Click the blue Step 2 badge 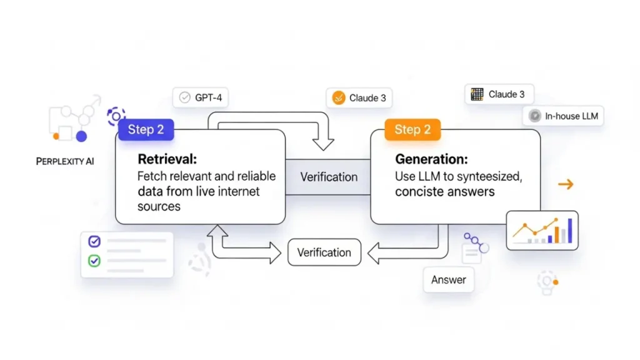[x=146, y=129]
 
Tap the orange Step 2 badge [x=412, y=129]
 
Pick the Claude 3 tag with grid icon [x=498, y=94]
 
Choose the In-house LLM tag [x=563, y=116]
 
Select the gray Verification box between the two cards [x=329, y=177]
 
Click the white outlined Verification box [x=324, y=252]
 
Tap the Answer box [x=448, y=279]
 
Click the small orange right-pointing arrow [x=565, y=184]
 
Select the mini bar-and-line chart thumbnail [x=542, y=230]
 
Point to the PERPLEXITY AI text [x=65, y=161]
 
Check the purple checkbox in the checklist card [x=94, y=241]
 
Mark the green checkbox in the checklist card [x=94, y=260]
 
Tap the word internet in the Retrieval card [x=240, y=191]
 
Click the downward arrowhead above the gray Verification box [x=322, y=142]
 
